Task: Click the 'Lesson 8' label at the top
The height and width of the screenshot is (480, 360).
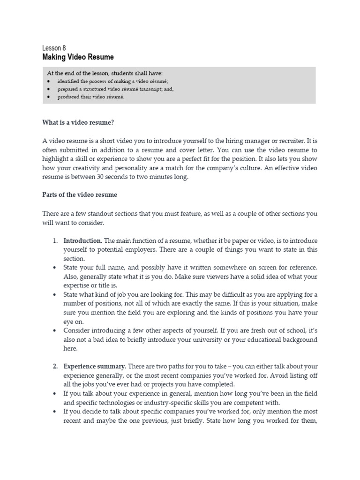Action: tap(54, 48)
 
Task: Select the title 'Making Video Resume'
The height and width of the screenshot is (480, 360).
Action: tap(78, 57)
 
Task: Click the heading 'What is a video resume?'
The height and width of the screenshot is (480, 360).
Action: tap(78, 123)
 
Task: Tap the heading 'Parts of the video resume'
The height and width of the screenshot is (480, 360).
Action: tap(79, 195)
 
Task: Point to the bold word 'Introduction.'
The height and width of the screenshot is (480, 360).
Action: tap(82, 240)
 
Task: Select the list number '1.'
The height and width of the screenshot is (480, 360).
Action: tap(55, 240)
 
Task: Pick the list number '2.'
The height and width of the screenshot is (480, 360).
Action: tap(55, 367)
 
